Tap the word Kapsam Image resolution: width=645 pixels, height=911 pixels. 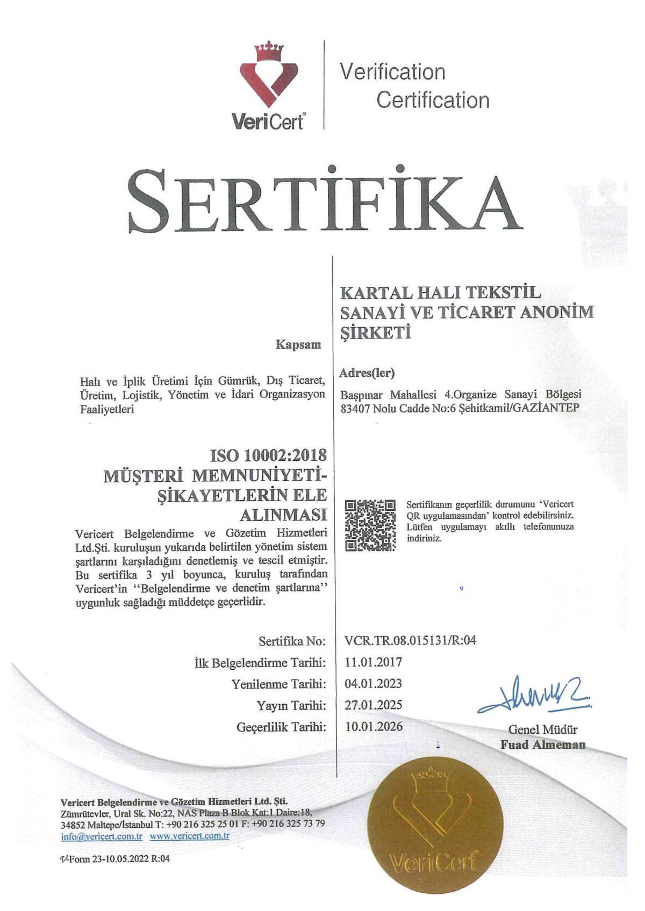coord(298,344)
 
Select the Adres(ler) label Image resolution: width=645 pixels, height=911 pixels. coord(367,372)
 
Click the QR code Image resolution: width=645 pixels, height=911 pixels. coord(370,525)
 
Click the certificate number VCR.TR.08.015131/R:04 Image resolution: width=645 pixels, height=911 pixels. coord(410,640)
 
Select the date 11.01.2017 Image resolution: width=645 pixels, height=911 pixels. coord(373,662)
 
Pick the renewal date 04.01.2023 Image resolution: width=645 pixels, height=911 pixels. coord(373,683)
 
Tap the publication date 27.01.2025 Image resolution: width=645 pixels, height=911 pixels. coord(373,705)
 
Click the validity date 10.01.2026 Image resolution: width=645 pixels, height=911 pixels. coord(373,726)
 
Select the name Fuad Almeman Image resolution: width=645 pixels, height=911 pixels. coord(543,744)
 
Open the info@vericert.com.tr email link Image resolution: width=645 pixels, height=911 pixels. coord(102,836)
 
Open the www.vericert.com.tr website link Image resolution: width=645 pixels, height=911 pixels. coord(190,836)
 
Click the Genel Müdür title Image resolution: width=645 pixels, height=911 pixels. coord(543,729)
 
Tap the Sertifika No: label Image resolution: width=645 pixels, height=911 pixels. coord(292,641)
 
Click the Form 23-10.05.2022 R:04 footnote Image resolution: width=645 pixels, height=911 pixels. coord(115,858)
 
